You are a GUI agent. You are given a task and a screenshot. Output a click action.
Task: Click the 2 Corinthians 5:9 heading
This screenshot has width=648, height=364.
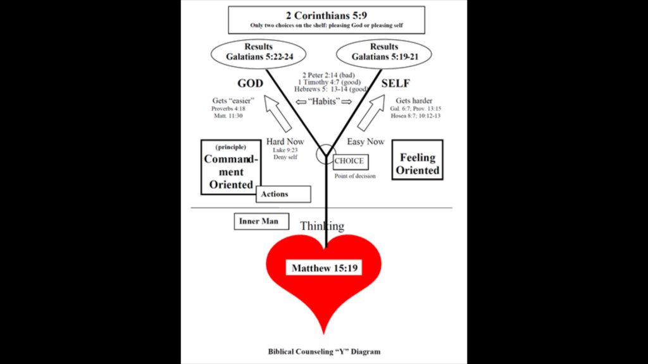[x=326, y=15]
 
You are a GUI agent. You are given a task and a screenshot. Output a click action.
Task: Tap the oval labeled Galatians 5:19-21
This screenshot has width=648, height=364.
[x=383, y=52]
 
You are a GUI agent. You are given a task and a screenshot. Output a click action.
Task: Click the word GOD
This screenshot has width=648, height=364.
[x=250, y=83]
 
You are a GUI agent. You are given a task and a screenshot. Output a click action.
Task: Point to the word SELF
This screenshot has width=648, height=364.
[x=396, y=83]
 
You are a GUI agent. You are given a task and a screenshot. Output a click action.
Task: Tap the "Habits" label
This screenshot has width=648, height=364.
[x=323, y=102]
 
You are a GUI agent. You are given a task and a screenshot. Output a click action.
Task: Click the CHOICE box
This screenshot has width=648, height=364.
[x=349, y=161]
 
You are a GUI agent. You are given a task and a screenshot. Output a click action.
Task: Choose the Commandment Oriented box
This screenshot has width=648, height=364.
[x=231, y=166]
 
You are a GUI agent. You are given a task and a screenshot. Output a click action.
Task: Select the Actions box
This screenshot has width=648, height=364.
[x=284, y=194]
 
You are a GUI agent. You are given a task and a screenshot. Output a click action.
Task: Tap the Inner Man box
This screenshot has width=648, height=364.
[x=261, y=221]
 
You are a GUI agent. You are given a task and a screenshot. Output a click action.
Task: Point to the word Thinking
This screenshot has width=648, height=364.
[x=322, y=226]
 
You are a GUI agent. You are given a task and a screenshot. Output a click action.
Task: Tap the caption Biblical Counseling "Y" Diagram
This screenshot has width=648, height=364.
[x=323, y=351]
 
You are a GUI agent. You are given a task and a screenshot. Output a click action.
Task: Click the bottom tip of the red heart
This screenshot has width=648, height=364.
[x=324, y=333]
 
